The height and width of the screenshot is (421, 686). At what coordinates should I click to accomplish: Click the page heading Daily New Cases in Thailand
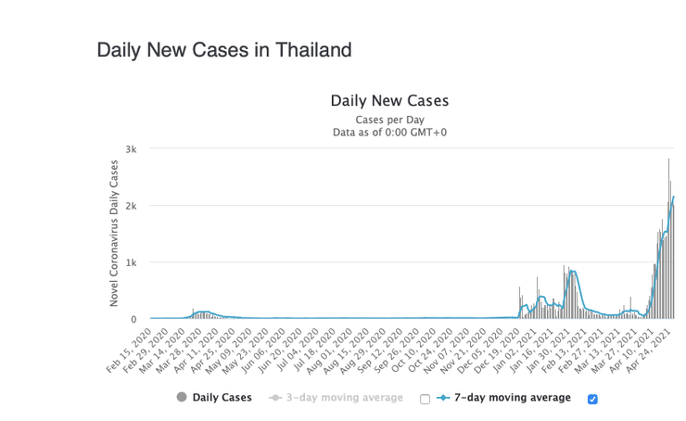point(224,50)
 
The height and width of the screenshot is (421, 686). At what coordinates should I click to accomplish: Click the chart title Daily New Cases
point(389,100)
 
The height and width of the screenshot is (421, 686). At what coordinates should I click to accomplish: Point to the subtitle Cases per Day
point(389,120)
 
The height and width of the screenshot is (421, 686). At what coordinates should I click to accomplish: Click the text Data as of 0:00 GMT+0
point(389,133)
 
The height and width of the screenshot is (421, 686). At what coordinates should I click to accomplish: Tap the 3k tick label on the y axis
point(131,149)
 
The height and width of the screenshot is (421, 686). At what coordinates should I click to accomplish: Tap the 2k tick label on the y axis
point(131,206)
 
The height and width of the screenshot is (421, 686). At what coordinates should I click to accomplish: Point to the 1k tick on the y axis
point(131,262)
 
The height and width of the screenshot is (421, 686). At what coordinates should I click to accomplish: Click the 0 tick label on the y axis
point(133,319)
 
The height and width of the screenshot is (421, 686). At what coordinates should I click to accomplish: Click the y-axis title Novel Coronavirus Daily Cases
point(115,233)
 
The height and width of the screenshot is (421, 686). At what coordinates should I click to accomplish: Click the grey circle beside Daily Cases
point(182,397)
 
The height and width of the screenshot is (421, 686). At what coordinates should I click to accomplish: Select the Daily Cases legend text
point(222,398)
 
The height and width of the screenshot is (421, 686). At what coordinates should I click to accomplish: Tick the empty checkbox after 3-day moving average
point(425,399)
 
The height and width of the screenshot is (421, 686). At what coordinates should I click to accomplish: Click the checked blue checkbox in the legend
point(593,399)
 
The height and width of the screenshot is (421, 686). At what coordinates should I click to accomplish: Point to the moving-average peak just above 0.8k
point(573,271)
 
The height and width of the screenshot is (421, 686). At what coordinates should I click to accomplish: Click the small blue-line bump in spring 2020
point(203,312)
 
